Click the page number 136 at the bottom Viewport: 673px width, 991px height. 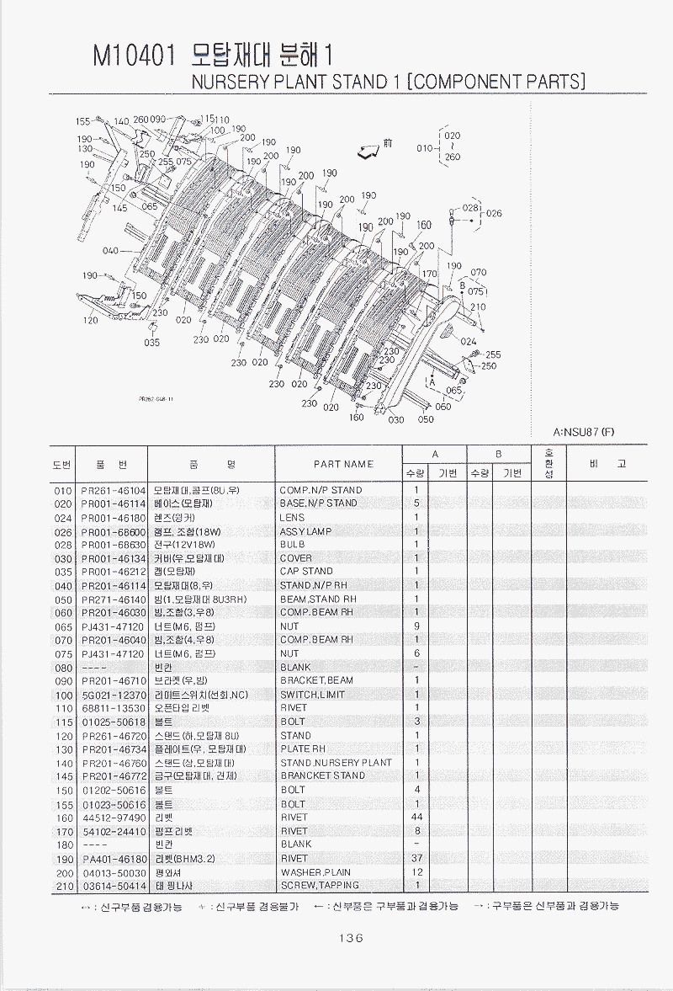349,938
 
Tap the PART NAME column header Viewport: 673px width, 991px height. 343,463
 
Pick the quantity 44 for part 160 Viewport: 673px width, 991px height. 416,818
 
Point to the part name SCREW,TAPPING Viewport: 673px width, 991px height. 320,885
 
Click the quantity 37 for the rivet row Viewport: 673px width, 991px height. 416,858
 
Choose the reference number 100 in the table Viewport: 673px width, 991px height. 63,695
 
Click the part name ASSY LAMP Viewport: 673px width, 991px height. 305,531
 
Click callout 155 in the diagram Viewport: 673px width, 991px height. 83,121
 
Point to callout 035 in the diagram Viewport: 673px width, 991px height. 151,343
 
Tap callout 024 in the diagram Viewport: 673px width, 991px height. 469,341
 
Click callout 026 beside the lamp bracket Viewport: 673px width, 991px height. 493,213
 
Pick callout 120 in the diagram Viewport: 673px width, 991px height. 90,321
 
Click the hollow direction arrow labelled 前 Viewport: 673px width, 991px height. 367,152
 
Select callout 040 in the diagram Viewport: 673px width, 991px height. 110,251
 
